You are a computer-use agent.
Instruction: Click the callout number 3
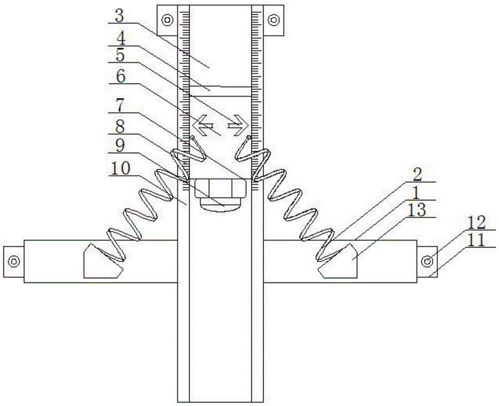pos(119,16)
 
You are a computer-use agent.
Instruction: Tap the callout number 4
pos(120,39)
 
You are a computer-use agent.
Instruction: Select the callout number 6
pos(120,77)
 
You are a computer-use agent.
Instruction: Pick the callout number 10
pos(120,168)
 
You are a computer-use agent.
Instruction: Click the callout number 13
pos(417,210)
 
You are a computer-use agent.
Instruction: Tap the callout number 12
pos(476,223)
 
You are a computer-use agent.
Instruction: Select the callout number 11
pos(476,240)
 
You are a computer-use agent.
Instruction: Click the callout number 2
pos(417,175)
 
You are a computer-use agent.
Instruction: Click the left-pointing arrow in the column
pos(204,125)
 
